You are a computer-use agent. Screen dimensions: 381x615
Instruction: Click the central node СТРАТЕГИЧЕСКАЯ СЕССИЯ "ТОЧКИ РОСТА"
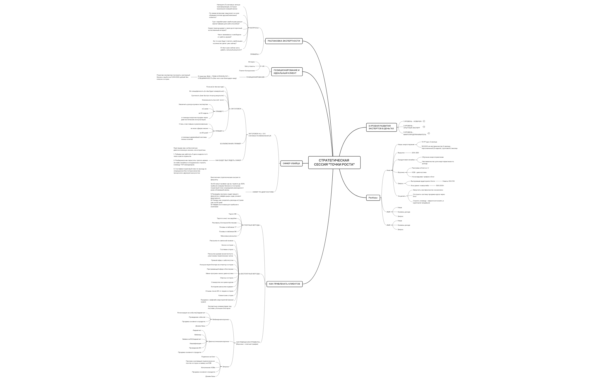(x=334, y=163)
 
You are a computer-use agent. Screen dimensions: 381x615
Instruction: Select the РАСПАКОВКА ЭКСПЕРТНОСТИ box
(x=284, y=41)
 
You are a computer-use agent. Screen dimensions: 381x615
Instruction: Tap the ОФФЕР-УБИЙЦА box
(x=291, y=164)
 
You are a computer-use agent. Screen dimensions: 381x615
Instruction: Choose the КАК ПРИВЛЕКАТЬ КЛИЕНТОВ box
(x=284, y=284)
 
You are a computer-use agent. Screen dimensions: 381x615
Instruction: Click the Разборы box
(x=373, y=198)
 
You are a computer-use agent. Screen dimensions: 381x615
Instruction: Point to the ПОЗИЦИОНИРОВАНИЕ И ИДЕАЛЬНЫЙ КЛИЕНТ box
(x=286, y=72)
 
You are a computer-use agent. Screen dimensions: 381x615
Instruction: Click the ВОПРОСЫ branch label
(x=254, y=28)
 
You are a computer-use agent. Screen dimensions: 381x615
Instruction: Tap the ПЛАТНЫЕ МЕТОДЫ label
(x=252, y=225)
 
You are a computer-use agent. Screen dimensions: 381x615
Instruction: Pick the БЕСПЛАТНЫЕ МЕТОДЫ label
(x=250, y=274)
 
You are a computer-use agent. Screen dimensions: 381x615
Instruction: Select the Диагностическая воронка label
(x=218, y=341)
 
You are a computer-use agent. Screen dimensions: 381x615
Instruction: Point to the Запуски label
(x=225, y=367)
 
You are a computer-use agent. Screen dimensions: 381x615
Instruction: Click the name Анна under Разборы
(x=388, y=170)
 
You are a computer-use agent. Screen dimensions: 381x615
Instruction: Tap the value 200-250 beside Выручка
(x=415, y=153)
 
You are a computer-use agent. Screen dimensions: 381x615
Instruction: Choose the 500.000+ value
(x=440, y=186)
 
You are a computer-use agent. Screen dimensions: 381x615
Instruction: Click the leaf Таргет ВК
(x=233, y=214)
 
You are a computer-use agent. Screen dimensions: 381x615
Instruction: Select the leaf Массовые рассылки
(x=228, y=236)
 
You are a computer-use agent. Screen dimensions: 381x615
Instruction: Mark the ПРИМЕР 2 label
(x=219, y=131)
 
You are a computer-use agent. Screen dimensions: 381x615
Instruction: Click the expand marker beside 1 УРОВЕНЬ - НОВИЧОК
(x=424, y=121)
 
